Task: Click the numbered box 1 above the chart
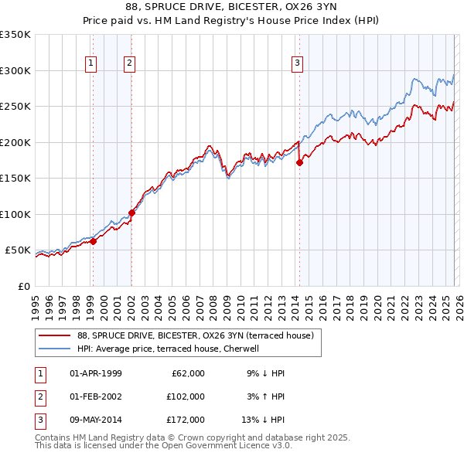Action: [91, 63]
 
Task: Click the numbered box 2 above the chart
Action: [129, 63]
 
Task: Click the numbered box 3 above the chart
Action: [297, 63]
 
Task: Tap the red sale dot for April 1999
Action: [93, 241]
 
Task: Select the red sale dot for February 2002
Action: [131, 213]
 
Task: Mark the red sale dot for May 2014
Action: [299, 162]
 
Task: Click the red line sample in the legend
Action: [55, 335]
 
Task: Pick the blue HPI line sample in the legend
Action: [55, 349]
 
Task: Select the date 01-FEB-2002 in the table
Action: [96, 396]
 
